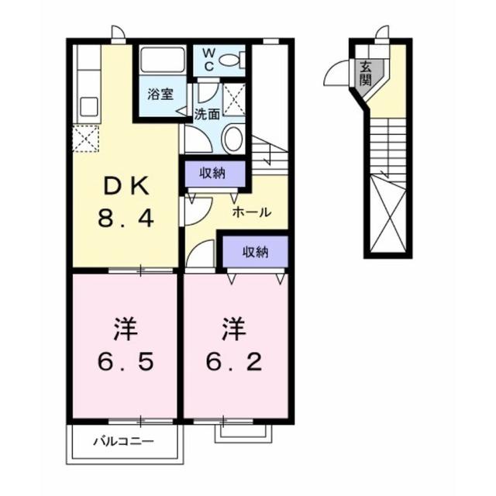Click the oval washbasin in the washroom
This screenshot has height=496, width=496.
pyautogui.click(x=232, y=139)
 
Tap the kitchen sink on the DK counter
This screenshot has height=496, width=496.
pyautogui.click(x=87, y=105)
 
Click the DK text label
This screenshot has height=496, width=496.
pyautogui.click(x=125, y=187)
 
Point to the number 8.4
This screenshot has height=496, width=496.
pyautogui.click(x=125, y=219)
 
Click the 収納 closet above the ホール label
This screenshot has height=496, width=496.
pyautogui.click(x=215, y=172)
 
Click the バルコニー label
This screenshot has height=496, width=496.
pyautogui.click(x=124, y=442)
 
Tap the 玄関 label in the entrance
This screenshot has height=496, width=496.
pyautogui.click(x=365, y=73)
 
